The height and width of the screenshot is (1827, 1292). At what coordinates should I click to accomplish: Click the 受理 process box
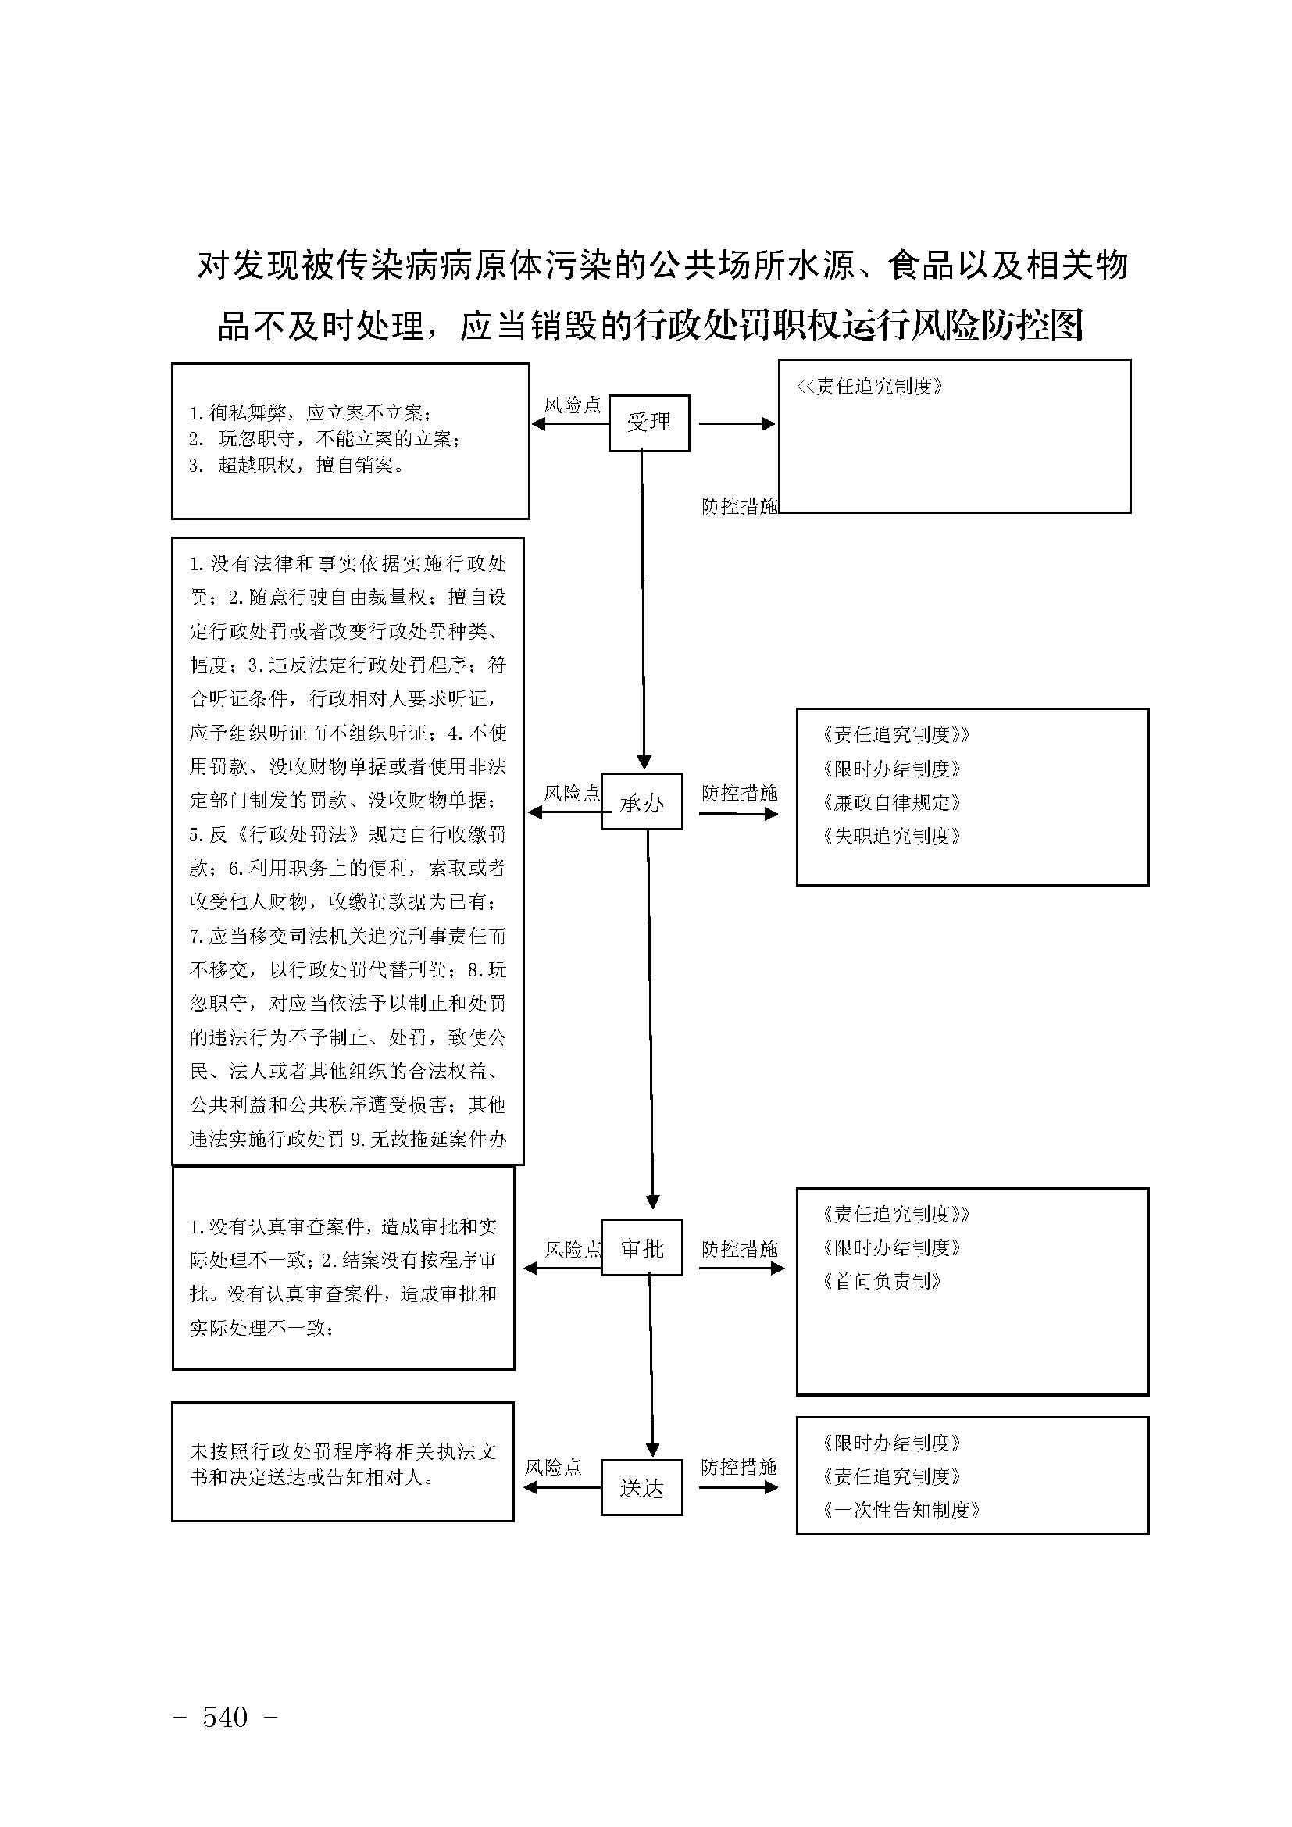[648, 423]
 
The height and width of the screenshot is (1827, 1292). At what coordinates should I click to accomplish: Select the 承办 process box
[641, 801]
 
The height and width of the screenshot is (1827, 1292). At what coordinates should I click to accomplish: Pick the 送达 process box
[641, 1488]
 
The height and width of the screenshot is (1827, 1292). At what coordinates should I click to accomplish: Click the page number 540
[225, 1718]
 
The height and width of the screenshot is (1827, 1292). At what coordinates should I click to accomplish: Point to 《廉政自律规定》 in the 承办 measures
[892, 802]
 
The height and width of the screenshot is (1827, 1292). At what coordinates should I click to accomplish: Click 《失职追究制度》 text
[892, 836]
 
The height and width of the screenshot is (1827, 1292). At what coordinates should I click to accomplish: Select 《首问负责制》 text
[882, 1281]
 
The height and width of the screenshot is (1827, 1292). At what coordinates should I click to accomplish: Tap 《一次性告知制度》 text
[901, 1510]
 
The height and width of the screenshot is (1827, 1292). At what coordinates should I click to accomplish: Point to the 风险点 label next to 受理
[572, 405]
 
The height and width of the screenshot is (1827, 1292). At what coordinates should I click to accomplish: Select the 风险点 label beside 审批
[573, 1249]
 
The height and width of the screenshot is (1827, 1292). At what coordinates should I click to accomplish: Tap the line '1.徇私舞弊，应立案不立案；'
[311, 413]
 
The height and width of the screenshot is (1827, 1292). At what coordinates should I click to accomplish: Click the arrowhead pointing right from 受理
[768, 424]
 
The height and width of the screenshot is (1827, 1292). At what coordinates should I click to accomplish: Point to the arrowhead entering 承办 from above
[644, 763]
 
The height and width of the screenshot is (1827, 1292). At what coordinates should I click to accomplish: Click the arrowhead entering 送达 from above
[652, 1450]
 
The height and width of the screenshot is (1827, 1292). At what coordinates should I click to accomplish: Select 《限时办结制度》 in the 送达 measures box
[892, 1443]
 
